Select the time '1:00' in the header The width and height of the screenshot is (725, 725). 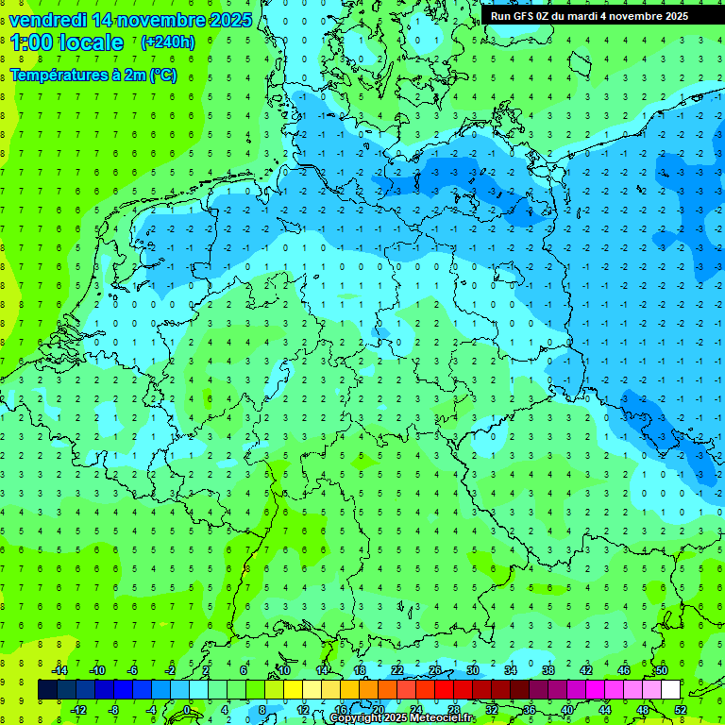(31, 42)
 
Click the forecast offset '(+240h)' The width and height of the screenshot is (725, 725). (168, 42)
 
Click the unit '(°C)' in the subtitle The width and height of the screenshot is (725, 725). (162, 76)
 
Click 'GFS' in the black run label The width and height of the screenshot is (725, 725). (524, 16)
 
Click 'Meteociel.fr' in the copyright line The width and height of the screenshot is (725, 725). (436, 718)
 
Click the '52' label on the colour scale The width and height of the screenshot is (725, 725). (681, 710)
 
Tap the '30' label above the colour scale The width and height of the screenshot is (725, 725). (473, 670)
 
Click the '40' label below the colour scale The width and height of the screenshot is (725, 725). (567, 710)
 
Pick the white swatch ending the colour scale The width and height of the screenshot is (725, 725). (670, 690)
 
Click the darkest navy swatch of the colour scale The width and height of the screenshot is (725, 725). (47, 690)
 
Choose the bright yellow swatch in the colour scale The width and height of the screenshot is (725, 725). (293, 690)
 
